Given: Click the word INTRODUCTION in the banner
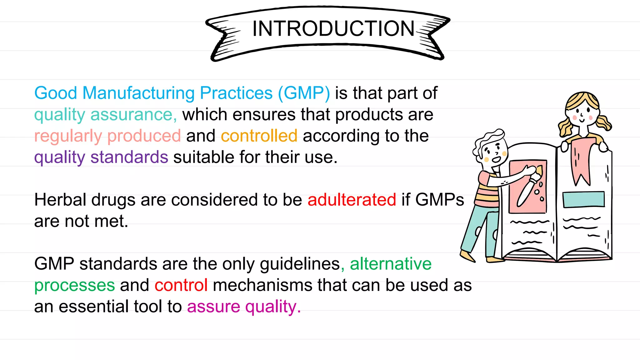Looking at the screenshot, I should coord(333,29).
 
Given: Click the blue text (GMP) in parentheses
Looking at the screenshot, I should coord(304,93).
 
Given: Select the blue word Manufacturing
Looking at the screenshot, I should coord(138,93).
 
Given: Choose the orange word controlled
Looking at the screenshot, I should coord(259,136).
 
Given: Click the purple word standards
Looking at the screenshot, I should coord(129,157).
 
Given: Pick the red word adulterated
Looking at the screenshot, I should coord(352,200).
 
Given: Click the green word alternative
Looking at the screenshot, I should coord(391,264).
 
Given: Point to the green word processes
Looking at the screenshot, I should coord(75,285).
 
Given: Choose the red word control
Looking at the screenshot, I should coord(181,285).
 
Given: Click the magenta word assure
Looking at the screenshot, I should coord(213,307).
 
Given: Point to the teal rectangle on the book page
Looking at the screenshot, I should coord(583,199).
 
